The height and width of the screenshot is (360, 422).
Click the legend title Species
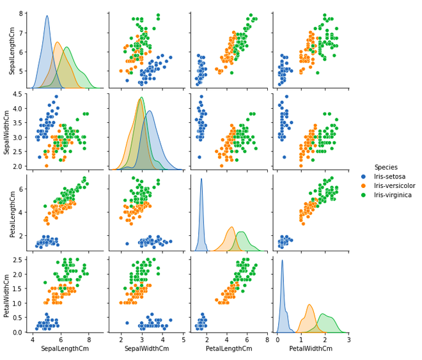tap(386, 167)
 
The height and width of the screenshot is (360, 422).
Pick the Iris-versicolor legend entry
tap(399, 185)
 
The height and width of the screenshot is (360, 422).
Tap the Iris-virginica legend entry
tap(397, 194)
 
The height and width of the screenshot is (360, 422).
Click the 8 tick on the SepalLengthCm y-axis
tap(22, 13)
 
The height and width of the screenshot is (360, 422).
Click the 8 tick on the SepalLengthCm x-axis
tap(89, 340)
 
